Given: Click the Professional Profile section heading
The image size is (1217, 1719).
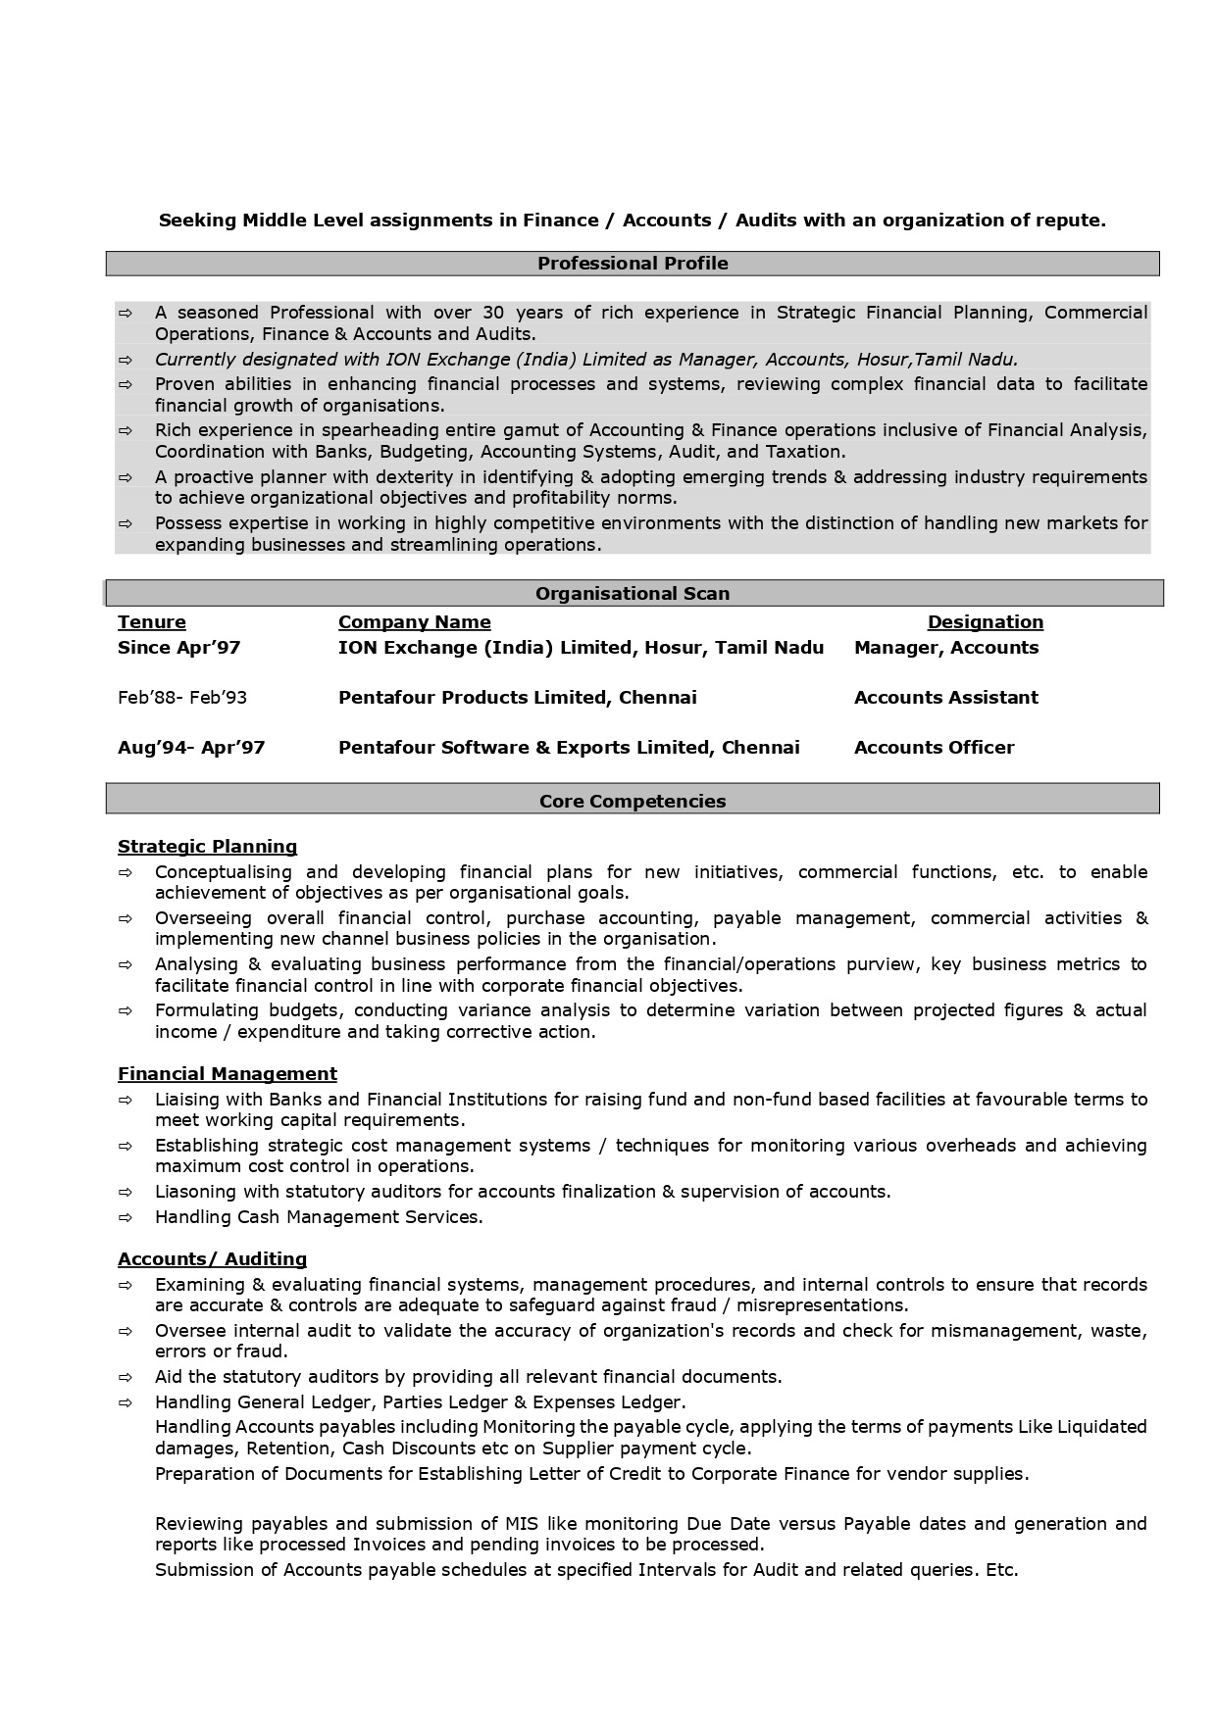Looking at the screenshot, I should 633,264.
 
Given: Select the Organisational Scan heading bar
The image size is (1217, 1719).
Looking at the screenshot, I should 633,594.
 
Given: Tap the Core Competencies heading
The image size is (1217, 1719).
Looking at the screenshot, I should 633,802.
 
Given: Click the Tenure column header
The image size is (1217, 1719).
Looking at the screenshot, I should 152,622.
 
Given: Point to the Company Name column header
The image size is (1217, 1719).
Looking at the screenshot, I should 414,622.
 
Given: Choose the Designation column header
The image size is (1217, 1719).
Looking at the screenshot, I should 986,622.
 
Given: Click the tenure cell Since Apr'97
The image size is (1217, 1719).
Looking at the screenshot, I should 178,648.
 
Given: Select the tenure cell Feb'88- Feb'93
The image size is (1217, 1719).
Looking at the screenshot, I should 182,698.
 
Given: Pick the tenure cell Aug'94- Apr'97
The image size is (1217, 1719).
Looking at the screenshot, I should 191,748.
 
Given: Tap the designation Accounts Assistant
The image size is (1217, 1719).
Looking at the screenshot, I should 945,698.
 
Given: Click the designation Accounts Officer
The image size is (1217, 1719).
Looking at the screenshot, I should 934,748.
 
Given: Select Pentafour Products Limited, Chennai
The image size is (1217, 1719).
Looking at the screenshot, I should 517,698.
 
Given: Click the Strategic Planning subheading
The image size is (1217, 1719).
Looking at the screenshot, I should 207,847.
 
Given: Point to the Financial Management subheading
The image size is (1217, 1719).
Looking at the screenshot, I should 228,1074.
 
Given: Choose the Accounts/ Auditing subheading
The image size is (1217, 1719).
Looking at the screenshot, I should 212,1259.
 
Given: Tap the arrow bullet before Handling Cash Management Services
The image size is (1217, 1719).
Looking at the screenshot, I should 126,1218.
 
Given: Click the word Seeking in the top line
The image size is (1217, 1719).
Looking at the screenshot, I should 197,221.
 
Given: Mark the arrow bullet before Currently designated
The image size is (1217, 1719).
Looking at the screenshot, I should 126,360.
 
